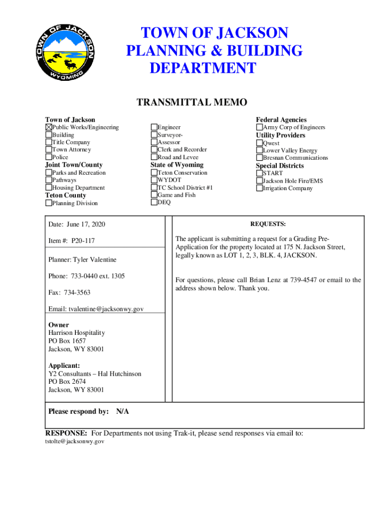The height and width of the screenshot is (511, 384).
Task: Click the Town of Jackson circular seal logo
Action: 64,52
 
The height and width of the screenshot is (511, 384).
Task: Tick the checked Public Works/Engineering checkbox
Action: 48,127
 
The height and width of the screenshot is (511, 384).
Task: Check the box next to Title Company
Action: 48,142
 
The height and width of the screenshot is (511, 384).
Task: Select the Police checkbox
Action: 48,157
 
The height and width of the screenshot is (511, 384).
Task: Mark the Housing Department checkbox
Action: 48,188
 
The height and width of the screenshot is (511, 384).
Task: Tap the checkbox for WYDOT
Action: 154,180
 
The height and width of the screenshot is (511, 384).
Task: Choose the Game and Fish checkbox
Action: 154,195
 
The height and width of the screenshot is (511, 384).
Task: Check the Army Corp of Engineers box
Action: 259,127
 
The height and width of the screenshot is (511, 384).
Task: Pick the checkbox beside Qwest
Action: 259,143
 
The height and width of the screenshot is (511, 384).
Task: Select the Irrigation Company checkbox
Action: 259,188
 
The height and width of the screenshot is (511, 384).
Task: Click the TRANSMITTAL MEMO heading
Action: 192,103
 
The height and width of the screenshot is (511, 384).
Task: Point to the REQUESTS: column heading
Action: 268,224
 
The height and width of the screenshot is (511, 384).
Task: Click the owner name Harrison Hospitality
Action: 76,333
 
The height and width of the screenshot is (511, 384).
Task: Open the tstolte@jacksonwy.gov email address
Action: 75,442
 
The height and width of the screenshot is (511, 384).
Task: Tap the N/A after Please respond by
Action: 122,412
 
